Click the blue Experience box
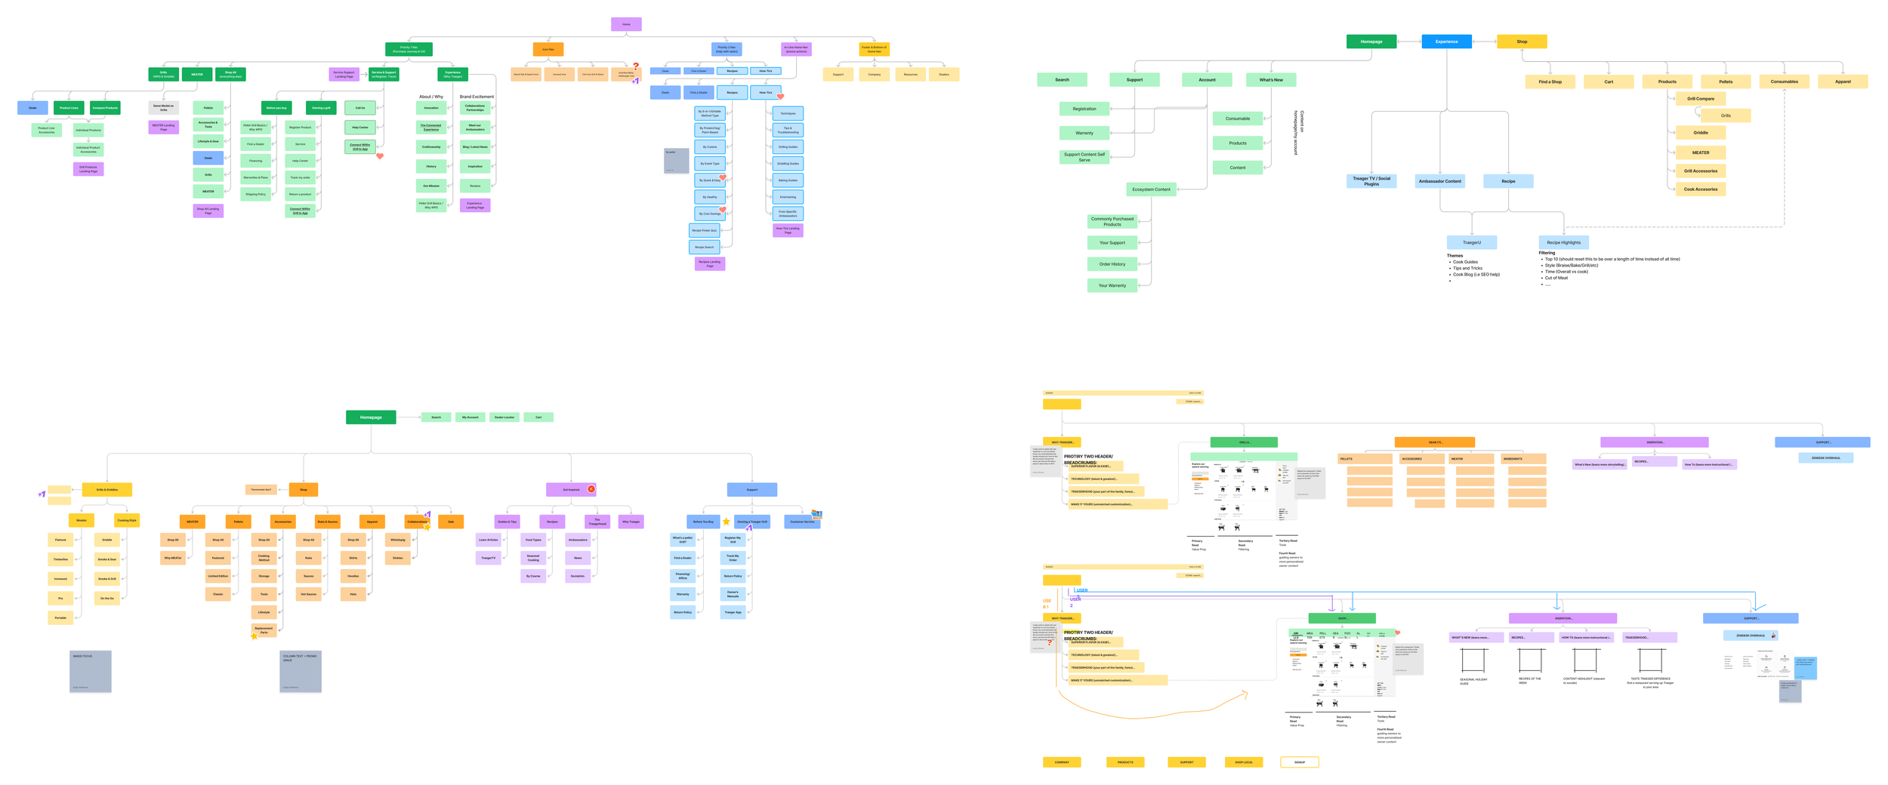pos(1446,42)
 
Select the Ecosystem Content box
pos(1151,189)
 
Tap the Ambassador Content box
pos(1439,181)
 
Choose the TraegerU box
pos(1471,242)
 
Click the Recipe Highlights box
pos(1563,242)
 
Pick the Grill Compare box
pos(1700,99)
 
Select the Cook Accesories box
pos(1700,189)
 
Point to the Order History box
pos(1112,264)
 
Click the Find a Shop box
pos(1550,82)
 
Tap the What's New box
pos(1270,79)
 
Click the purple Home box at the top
pos(626,24)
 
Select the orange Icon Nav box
pos(548,49)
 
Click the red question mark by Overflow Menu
pos(636,66)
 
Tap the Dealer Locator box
pos(504,417)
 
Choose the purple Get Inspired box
pos(570,489)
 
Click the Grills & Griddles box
pos(106,489)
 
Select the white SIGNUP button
pos(1299,762)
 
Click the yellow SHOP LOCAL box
pos(1243,762)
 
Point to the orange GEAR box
pos(1434,442)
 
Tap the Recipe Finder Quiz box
pos(704,230)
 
